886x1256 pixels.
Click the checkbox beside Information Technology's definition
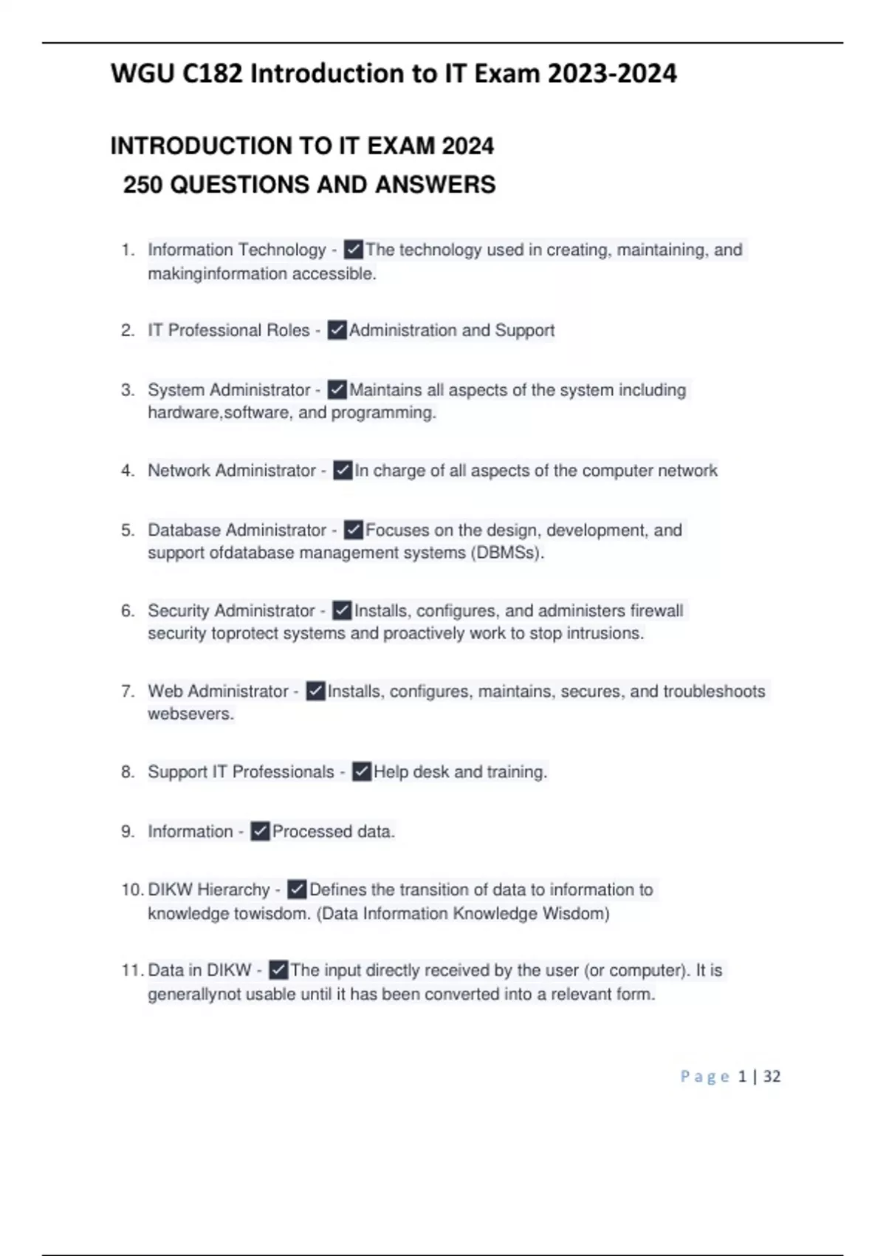354,250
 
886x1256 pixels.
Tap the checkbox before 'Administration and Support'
337,330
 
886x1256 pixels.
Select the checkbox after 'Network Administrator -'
343,471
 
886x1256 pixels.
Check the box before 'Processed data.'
260,832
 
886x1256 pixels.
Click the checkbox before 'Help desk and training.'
362,772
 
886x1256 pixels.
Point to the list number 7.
128,692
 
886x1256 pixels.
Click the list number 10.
131,890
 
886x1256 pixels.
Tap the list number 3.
128,390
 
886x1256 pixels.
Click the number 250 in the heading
143,185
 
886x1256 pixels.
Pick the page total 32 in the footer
772,1076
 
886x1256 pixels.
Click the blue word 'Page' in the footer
704,1076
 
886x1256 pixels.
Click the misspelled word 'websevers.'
190,714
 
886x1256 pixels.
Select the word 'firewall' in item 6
656,611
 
